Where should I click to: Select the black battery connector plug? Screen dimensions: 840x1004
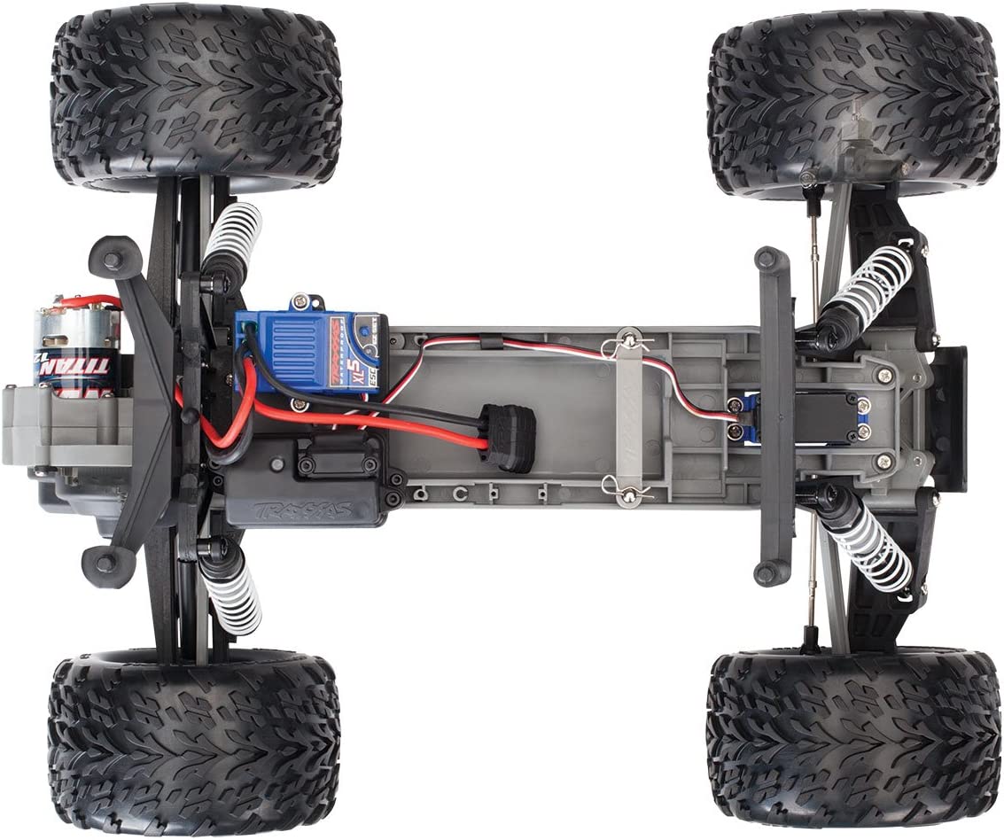click(x=510, y=439)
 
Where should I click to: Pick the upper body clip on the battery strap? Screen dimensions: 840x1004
click(x=629, y=338)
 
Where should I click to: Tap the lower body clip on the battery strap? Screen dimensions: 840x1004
click(x=627, y=491)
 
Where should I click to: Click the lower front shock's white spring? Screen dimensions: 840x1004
click(x=868, y=549)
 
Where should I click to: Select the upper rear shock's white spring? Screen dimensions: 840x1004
click(x=233, y=235)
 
